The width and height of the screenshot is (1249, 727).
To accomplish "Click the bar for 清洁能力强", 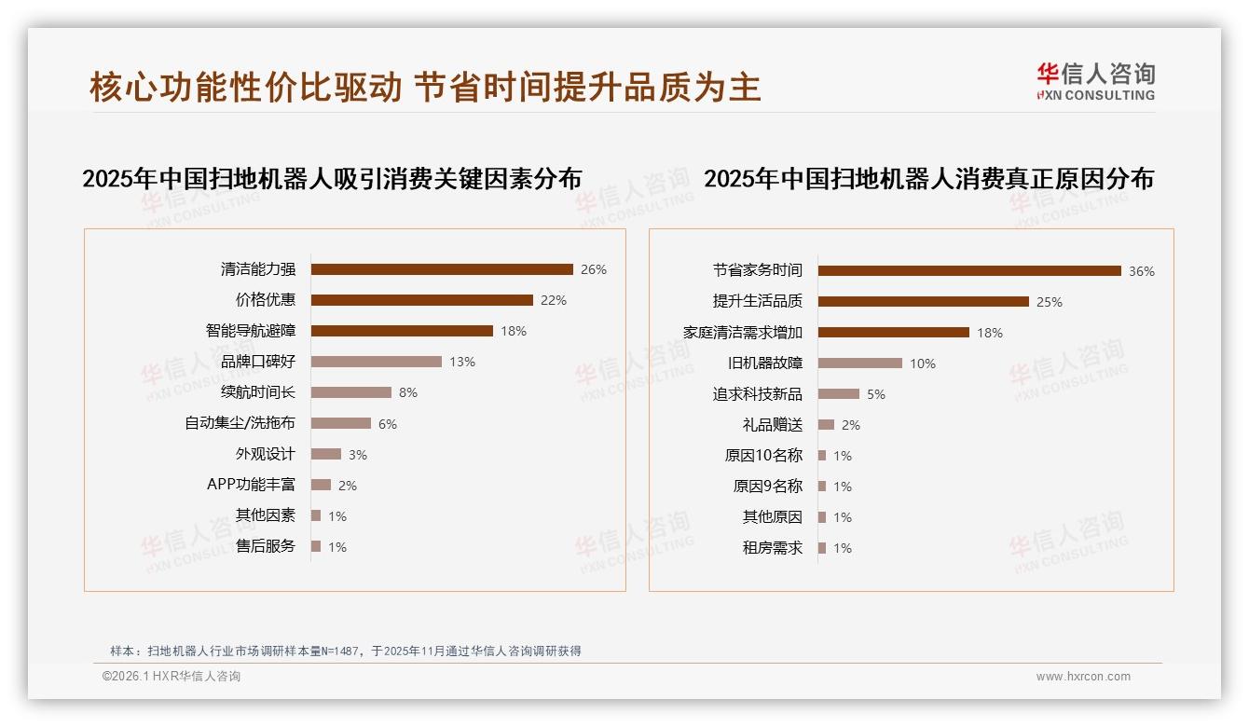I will point(442,269).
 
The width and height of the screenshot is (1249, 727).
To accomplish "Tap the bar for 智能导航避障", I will point(402,331).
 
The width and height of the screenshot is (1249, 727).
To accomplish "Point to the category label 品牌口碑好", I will point(258,362).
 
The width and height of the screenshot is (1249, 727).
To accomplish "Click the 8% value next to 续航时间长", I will point(407,392).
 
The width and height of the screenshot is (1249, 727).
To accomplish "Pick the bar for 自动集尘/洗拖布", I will point(341,423).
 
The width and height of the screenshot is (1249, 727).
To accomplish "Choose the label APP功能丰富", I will point(251,485).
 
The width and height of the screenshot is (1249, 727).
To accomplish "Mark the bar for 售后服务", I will point(316,546).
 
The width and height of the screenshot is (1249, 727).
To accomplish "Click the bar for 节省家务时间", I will point(969,271).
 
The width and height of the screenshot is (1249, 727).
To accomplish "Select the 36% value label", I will point(1142,271).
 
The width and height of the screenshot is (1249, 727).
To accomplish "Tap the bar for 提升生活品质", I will point(924,302).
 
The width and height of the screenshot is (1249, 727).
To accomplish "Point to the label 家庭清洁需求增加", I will point(743,333).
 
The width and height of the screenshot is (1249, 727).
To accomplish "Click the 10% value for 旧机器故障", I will point(923,363).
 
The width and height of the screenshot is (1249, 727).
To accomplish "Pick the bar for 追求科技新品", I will point(839,394).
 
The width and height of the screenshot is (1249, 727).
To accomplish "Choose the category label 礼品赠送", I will point(773,425).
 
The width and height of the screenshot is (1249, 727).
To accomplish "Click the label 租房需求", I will point(773,548).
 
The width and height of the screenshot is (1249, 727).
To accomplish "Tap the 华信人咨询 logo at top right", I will point(1095,81).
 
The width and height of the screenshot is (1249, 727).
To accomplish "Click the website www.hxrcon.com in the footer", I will point(1083,677).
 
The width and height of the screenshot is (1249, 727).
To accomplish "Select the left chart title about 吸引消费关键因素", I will point(332,179).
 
